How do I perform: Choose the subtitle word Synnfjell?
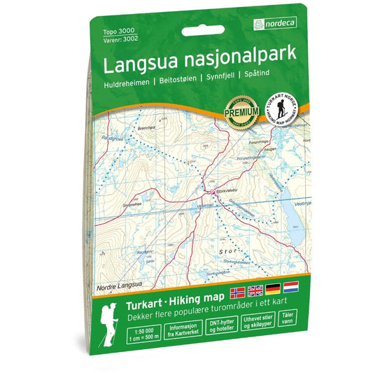[x=218, y=79]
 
